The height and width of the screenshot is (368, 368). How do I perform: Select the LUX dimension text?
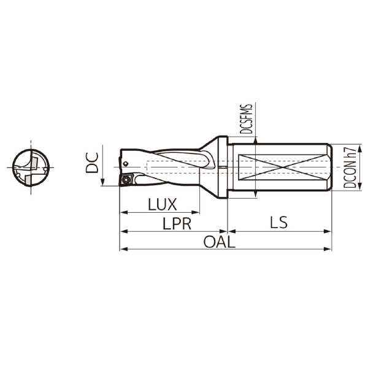click(163, 204)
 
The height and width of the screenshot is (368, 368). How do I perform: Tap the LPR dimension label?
click(176, 224)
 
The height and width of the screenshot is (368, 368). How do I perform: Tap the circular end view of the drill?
click(31, 167)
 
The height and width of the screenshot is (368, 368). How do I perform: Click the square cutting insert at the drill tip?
click(127, 180)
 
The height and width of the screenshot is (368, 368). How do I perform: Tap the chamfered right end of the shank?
click(330, 167)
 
